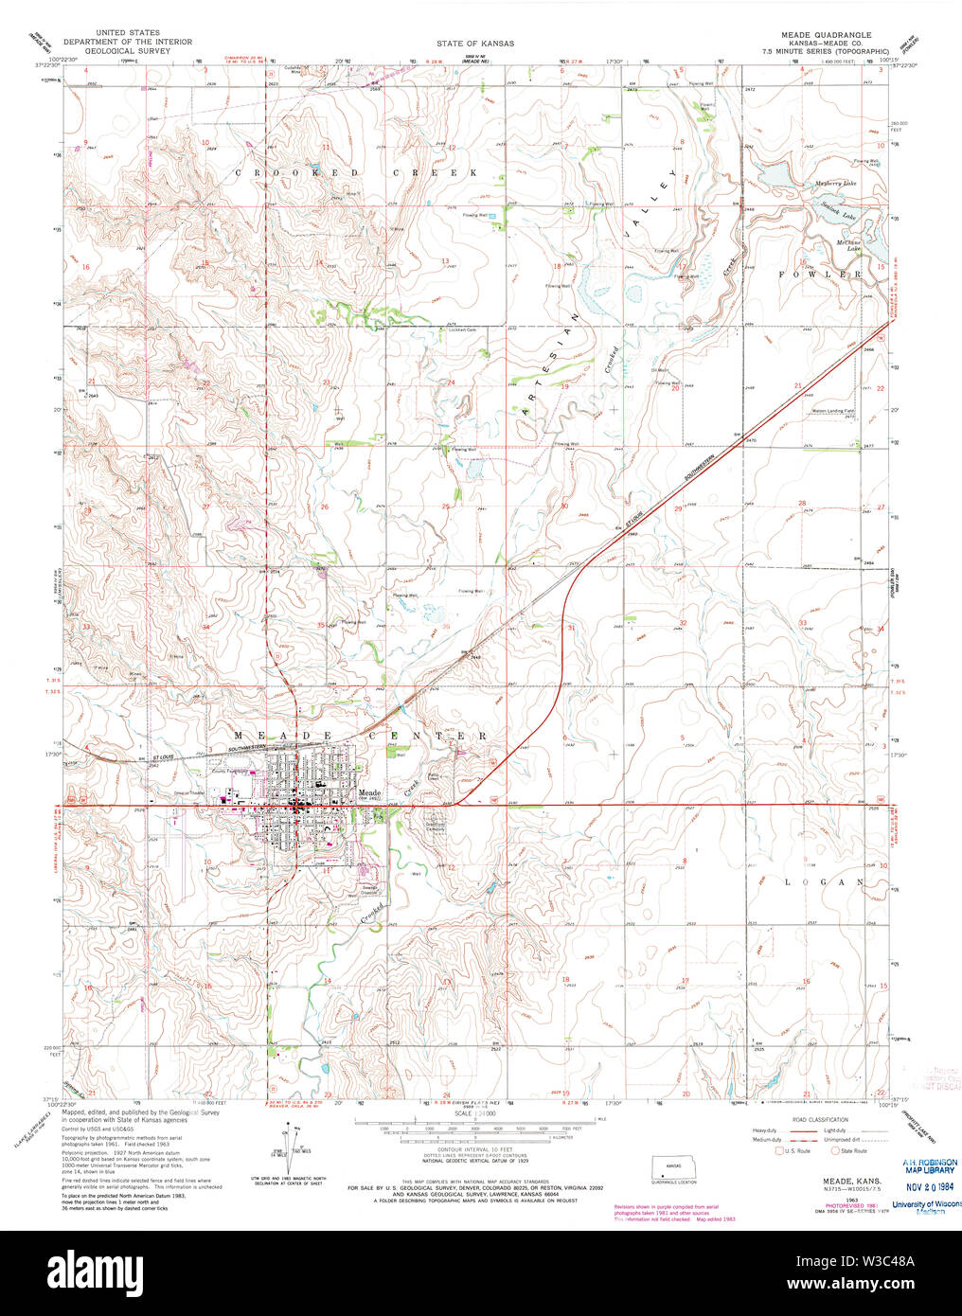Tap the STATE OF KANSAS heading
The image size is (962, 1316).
[x=475, y=44]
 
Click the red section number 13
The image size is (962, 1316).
[x=444, y=260]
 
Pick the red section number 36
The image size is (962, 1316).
[x=445, y=625]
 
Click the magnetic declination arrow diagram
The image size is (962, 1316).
[x=285, y=1144]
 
